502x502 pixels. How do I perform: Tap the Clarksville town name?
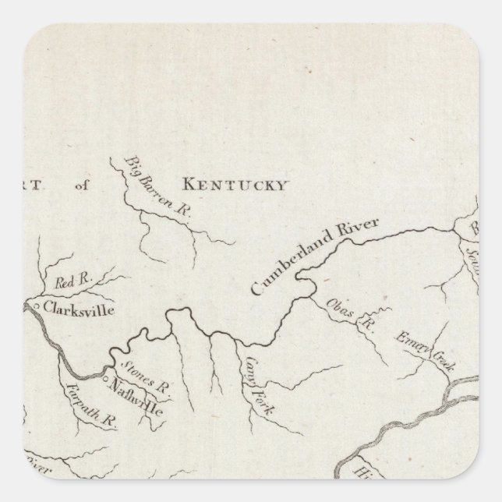click(79, 309)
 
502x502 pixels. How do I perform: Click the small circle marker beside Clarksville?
click(37, 306)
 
